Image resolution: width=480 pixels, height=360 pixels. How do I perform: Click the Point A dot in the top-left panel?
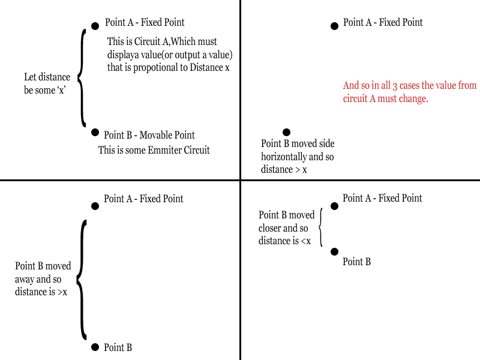(95, 26)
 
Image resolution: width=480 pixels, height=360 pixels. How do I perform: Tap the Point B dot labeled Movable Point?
(95, 132)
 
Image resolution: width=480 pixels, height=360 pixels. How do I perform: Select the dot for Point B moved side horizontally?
(286, 132)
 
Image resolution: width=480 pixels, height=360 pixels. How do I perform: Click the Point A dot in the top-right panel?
(335, 26)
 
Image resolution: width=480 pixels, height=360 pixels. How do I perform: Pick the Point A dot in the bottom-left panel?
(95, 206)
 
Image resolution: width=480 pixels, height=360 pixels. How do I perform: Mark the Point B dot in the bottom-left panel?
(95, 347)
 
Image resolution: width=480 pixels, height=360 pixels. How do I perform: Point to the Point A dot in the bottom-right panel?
(335, 206)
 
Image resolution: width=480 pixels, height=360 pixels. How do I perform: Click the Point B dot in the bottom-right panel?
(335, 251)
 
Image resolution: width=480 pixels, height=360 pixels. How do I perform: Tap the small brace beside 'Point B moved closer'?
(321, 227)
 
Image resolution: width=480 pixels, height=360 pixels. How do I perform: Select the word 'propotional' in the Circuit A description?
(155, 67)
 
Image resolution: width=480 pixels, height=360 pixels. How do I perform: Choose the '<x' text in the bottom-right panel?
(305, 241)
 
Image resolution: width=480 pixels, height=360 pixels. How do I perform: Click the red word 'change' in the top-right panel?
(413, 99)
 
